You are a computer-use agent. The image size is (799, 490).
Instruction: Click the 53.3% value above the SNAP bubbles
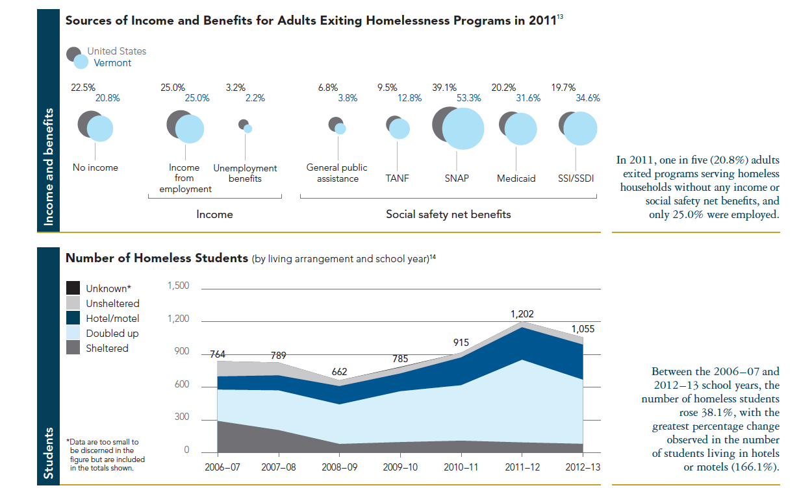468,99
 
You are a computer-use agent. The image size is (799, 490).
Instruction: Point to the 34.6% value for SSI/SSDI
588,99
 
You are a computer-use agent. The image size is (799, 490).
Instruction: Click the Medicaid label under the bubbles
516,178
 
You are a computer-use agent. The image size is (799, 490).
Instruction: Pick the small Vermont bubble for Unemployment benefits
247,129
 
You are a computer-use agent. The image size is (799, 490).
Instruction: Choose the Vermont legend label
112,63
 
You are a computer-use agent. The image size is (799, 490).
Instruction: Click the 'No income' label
95,167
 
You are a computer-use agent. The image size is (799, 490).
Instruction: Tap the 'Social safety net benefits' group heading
448,214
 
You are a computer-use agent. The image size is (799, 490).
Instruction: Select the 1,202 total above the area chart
523,314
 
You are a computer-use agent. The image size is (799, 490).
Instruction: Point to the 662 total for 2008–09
339,372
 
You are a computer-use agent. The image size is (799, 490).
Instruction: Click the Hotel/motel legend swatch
73,318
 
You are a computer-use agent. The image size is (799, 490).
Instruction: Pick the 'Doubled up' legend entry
112,333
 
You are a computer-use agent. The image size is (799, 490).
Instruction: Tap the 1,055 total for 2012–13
582,329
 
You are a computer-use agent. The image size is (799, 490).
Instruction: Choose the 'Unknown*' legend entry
108,289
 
